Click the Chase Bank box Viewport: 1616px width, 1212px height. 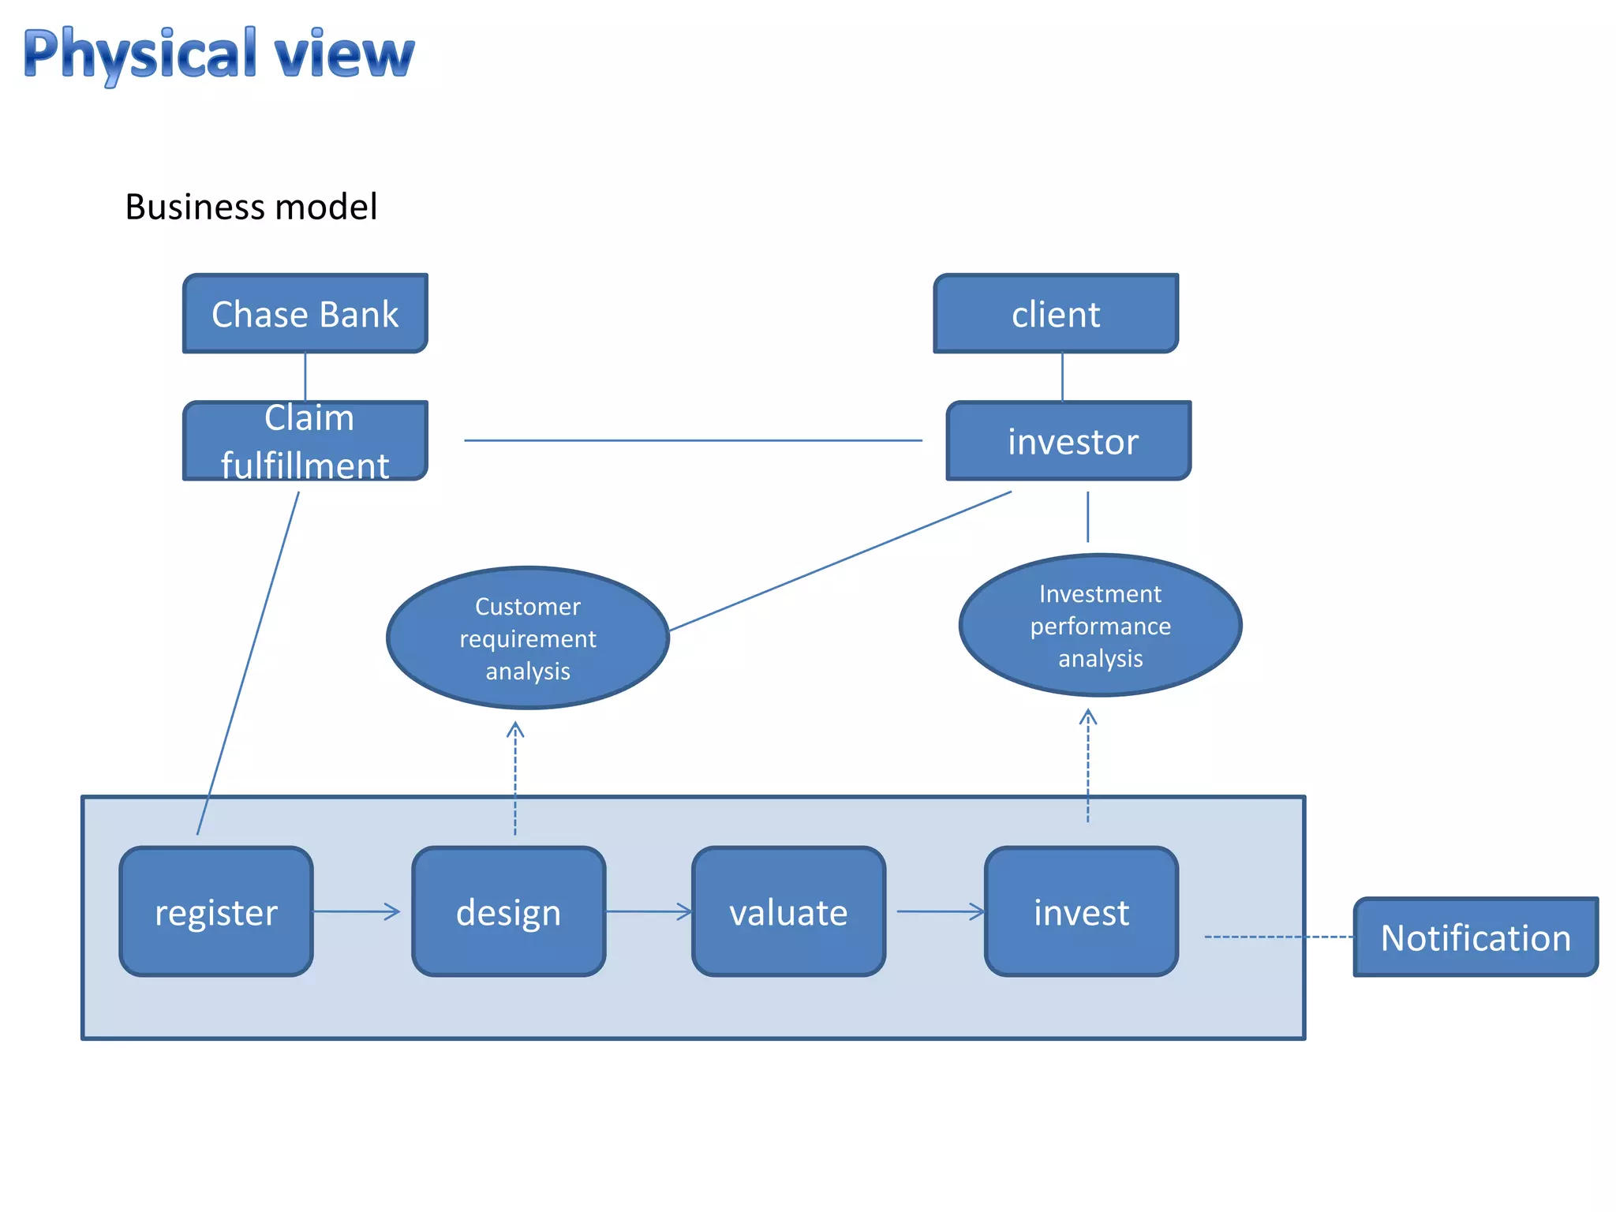click(x=305, y=314)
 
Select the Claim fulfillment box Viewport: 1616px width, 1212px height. click(x=305, y=441)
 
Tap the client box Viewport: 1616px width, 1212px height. click(x=1055, y=314)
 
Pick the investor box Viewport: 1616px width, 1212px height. click(x=1068, y=441)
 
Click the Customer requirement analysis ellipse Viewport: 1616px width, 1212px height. click(x=528, y=638)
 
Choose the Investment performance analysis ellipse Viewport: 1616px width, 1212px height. click(x=1100, y=625)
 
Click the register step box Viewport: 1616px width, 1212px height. click(x=216, y=911)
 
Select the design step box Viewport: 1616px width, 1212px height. click(x=508, y=911)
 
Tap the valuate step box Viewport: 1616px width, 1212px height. click(x=788, y=911)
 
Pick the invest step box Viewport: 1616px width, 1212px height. click(x=1081, y=911)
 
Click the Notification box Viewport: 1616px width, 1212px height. click(x=1475, y=937)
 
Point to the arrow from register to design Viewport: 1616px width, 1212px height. click(x=357, y=911)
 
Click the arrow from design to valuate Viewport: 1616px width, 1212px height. click(x=649, y=911)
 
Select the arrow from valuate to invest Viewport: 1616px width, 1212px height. click(x=941, y=911)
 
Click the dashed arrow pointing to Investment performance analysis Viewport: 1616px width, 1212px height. click(x=1087, y=765)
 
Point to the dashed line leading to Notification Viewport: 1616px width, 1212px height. click(x=1278, y=937)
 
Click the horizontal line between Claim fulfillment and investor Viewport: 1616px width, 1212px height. click(x=693, y=440)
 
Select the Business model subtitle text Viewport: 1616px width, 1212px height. click(x=251, y=207)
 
